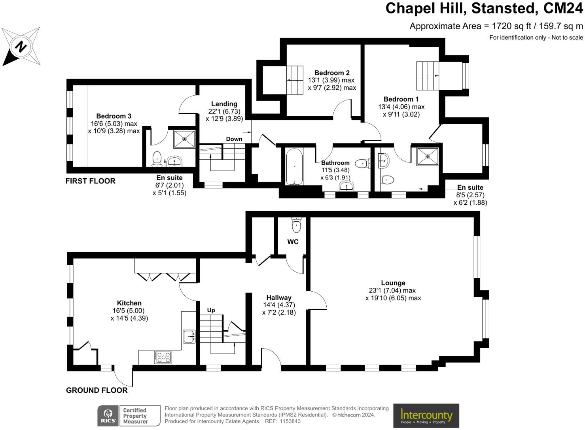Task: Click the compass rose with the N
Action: point(21,47)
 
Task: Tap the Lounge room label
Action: point(393,283)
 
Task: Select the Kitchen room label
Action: point(129,303)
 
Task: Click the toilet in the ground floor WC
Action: point(296,225)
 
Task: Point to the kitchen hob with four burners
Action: point(163,357)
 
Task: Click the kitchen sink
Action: point(189,336)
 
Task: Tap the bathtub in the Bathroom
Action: point(294,166)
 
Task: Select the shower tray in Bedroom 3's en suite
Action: point(184,139)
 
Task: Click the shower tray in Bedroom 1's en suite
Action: point(428,156)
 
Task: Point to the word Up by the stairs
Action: point(211,310)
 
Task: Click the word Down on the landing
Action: point(234,139)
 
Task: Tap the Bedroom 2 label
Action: point(332,73)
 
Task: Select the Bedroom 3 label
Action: point(114,116)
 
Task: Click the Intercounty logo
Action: point(426,415)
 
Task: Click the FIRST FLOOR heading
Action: point(91,181)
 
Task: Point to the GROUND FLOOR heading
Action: point(97,390)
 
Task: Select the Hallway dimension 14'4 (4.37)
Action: point(279,305)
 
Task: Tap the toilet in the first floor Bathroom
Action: point(362,163)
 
